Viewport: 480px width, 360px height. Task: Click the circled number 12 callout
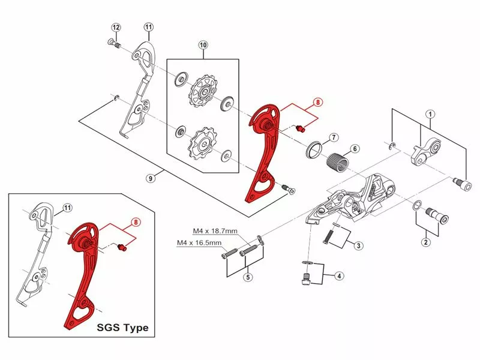tap(116, 28)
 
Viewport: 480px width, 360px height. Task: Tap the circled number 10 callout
tap(203, 46)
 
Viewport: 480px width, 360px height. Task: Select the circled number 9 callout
tap(151, 178)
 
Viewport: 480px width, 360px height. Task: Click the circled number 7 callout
tap(334, 137)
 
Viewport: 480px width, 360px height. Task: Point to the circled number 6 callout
tap(355, 149)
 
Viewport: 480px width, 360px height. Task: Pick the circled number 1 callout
tap(430, 115)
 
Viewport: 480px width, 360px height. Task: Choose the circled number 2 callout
tap(426, 242)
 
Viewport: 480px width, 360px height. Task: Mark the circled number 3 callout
tap(358, 245)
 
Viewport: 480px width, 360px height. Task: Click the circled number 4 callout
tap(339, 276)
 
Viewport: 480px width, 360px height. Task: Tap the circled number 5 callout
tap(248, 277)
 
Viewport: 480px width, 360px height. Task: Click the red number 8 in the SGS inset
tap(136, 222)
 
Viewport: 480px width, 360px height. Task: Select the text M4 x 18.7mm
tap(215, 231)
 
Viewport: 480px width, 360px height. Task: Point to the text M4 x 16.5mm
tap(199, 243)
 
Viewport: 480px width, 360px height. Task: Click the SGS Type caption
tap(123, 328)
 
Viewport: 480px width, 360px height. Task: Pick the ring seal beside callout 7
tap(314, 149)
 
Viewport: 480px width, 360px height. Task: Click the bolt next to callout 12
tap(115, 43)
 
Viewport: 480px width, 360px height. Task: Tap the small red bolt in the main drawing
tap(301, 128)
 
